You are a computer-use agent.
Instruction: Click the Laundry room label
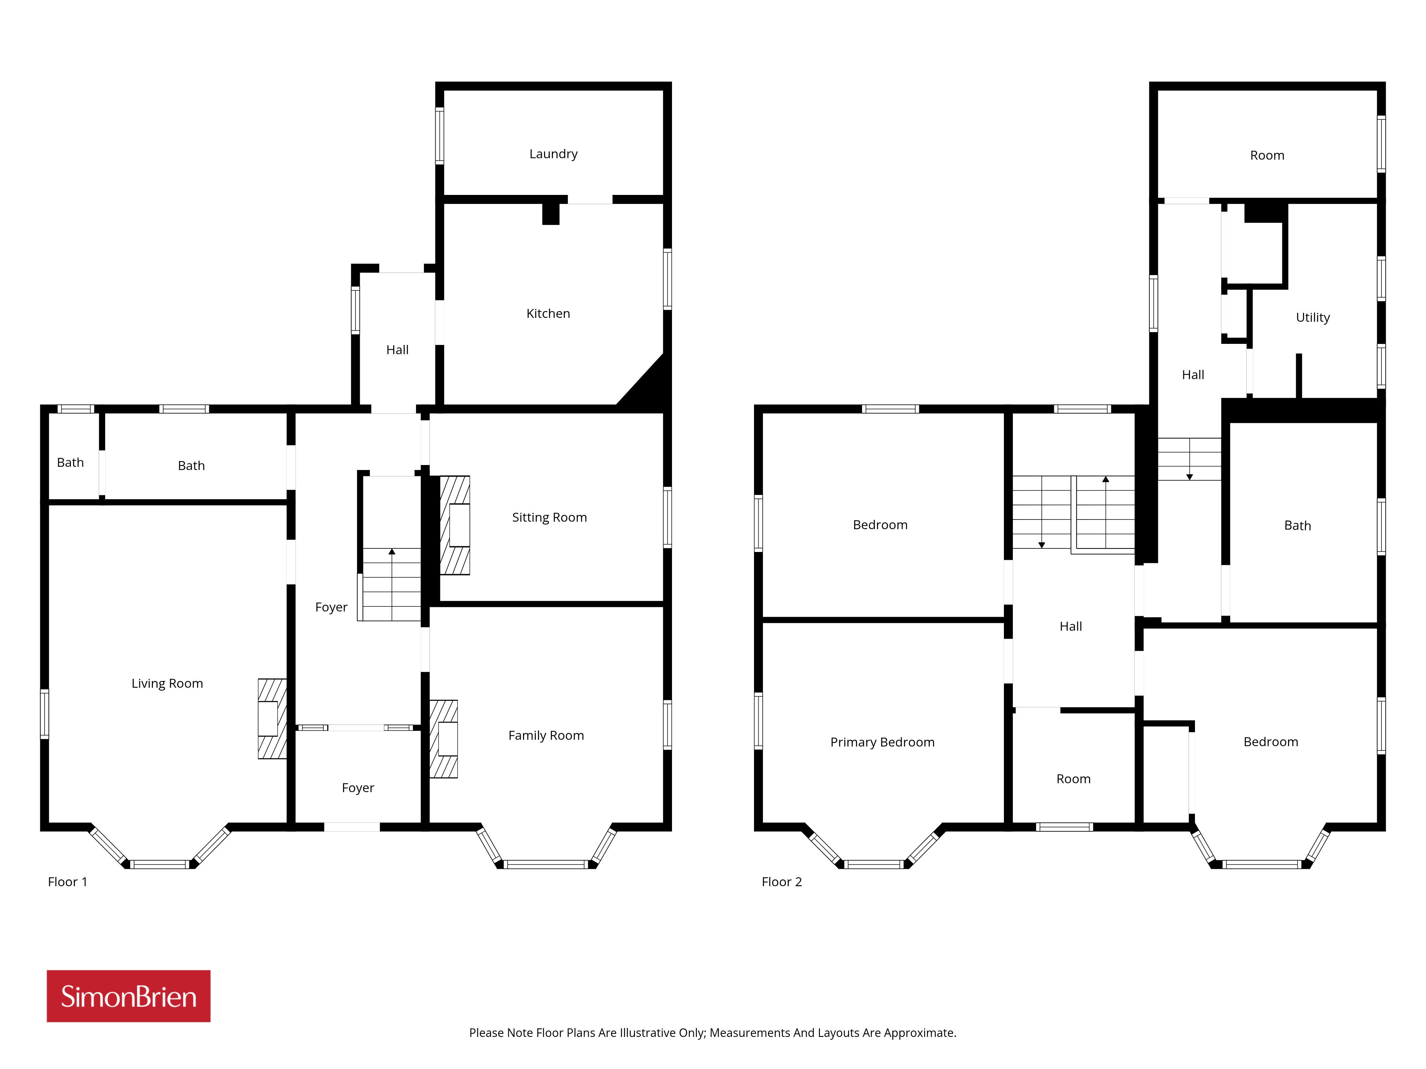[x=553, y=154]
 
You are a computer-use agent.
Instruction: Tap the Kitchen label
[x=548, y=314]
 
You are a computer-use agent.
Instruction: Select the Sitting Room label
[x=549, y=517]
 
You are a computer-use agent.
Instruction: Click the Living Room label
[x=167, y=684]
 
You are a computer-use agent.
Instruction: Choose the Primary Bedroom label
[x=882, y=742]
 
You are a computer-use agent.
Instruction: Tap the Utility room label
[x=1313, y=318]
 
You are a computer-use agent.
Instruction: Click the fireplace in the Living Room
[x=272, y=718]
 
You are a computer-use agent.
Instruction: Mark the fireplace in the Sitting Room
[x=455, y=525]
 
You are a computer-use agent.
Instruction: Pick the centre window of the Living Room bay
[x=160, y=864]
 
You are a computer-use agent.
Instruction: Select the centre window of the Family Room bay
[x=546, y=864]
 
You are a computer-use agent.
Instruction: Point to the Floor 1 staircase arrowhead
[x=392, y=552]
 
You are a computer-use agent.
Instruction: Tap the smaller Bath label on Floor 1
[x=70, y=463]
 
